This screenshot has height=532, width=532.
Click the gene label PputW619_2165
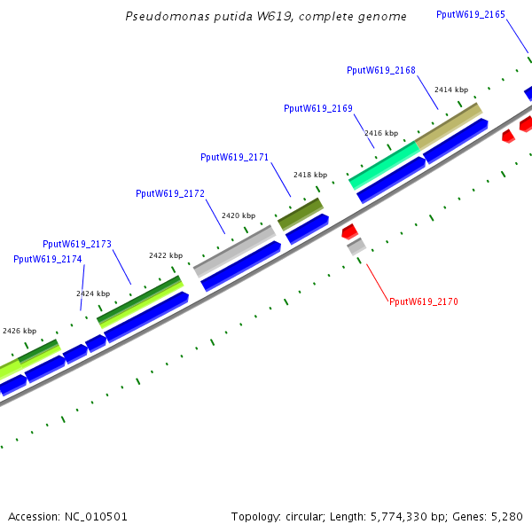point(471,14)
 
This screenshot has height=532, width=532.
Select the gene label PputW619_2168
point(381,70)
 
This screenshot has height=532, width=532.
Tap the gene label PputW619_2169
point(318,108)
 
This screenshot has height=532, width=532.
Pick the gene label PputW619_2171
point(235,157)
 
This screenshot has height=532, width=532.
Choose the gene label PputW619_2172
point(170,193)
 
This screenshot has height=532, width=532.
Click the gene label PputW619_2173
point(77,244)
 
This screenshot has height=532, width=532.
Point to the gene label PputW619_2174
point(48,259)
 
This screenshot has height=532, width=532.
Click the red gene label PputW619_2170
point(424,302)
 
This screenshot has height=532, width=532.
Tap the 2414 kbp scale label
point(450,90)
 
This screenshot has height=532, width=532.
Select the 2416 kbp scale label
point(381,133)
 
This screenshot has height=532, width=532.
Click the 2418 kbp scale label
point(310,175)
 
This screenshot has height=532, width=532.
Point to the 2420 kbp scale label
point(239,215)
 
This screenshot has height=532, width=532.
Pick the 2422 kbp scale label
point(166,255)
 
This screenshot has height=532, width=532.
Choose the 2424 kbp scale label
point(93,293)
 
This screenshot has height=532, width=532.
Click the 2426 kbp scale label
point(20,331)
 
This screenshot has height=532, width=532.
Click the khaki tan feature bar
point(449,125)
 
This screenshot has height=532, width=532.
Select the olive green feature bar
point(301,214)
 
